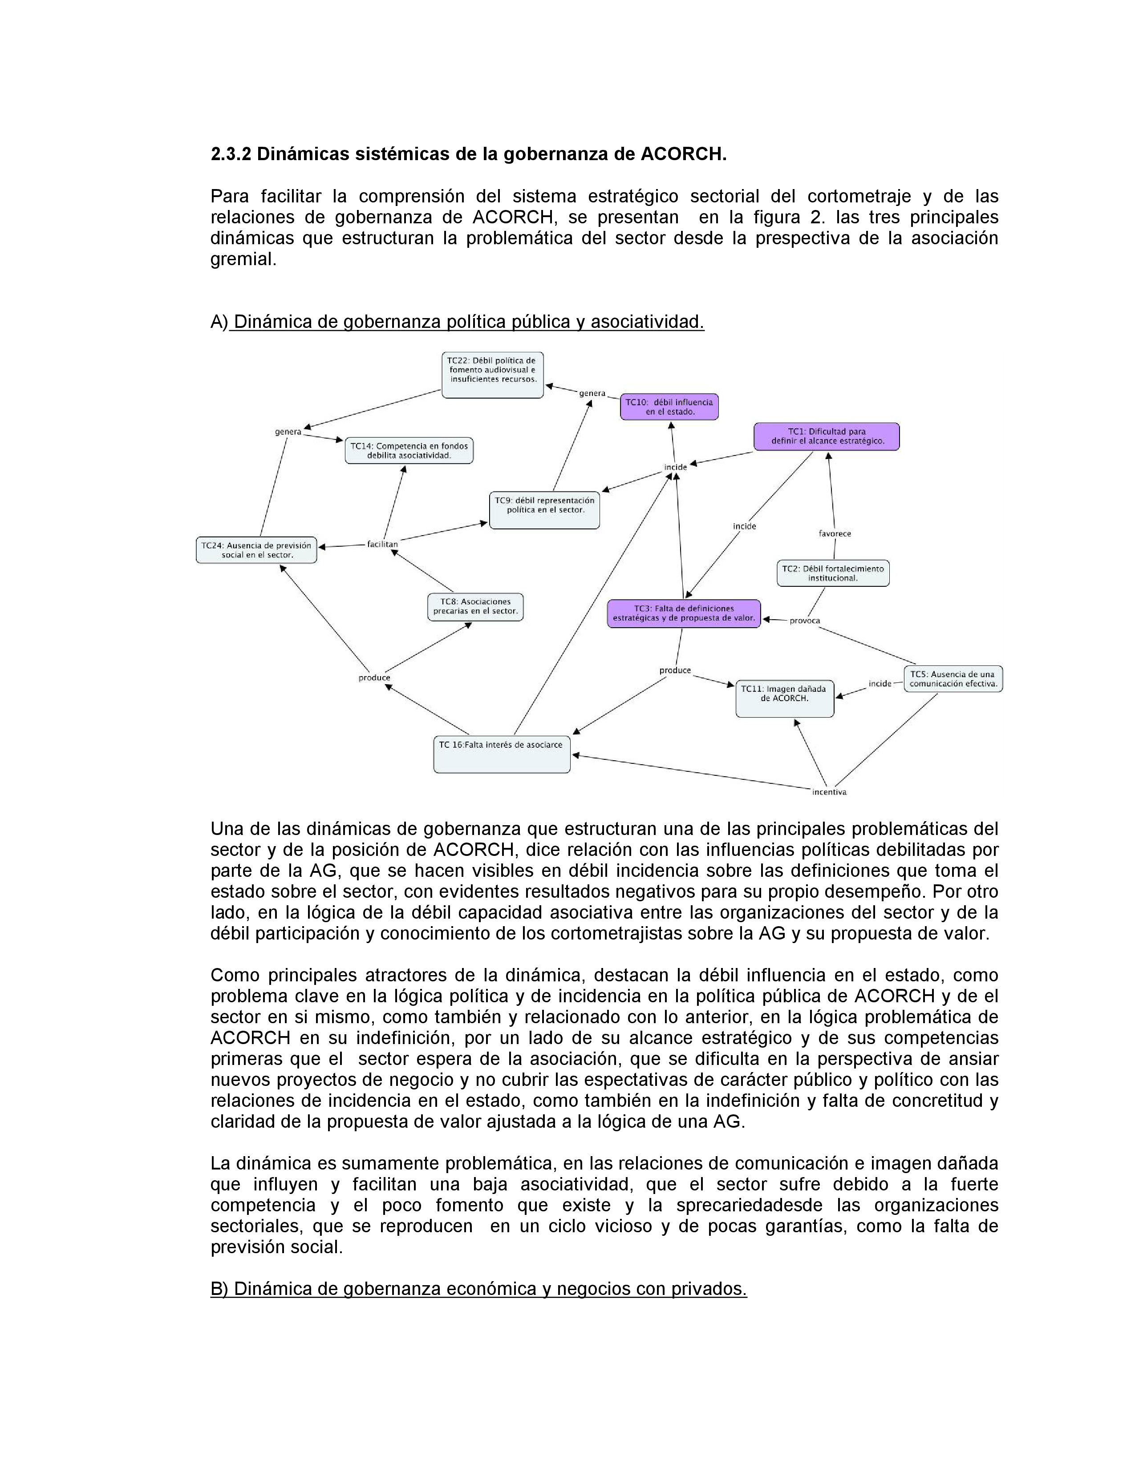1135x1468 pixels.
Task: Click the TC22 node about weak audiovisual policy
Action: (492, 375)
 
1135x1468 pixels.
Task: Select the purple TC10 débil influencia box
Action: (669, 407)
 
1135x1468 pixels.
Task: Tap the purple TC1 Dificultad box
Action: (827, 436)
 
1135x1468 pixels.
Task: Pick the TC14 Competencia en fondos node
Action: (409, 450)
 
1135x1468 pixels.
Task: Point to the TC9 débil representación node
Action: (544, 509)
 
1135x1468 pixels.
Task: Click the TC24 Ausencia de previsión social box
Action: (256, 550)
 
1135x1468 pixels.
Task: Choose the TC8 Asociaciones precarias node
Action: (475, 606)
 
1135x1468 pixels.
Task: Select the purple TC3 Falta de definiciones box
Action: (683, 613)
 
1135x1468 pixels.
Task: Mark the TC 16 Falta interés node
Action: (502, 754)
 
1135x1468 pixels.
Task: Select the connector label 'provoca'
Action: (804, 621)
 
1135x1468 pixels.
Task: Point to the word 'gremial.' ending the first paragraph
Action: (243, 259)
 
